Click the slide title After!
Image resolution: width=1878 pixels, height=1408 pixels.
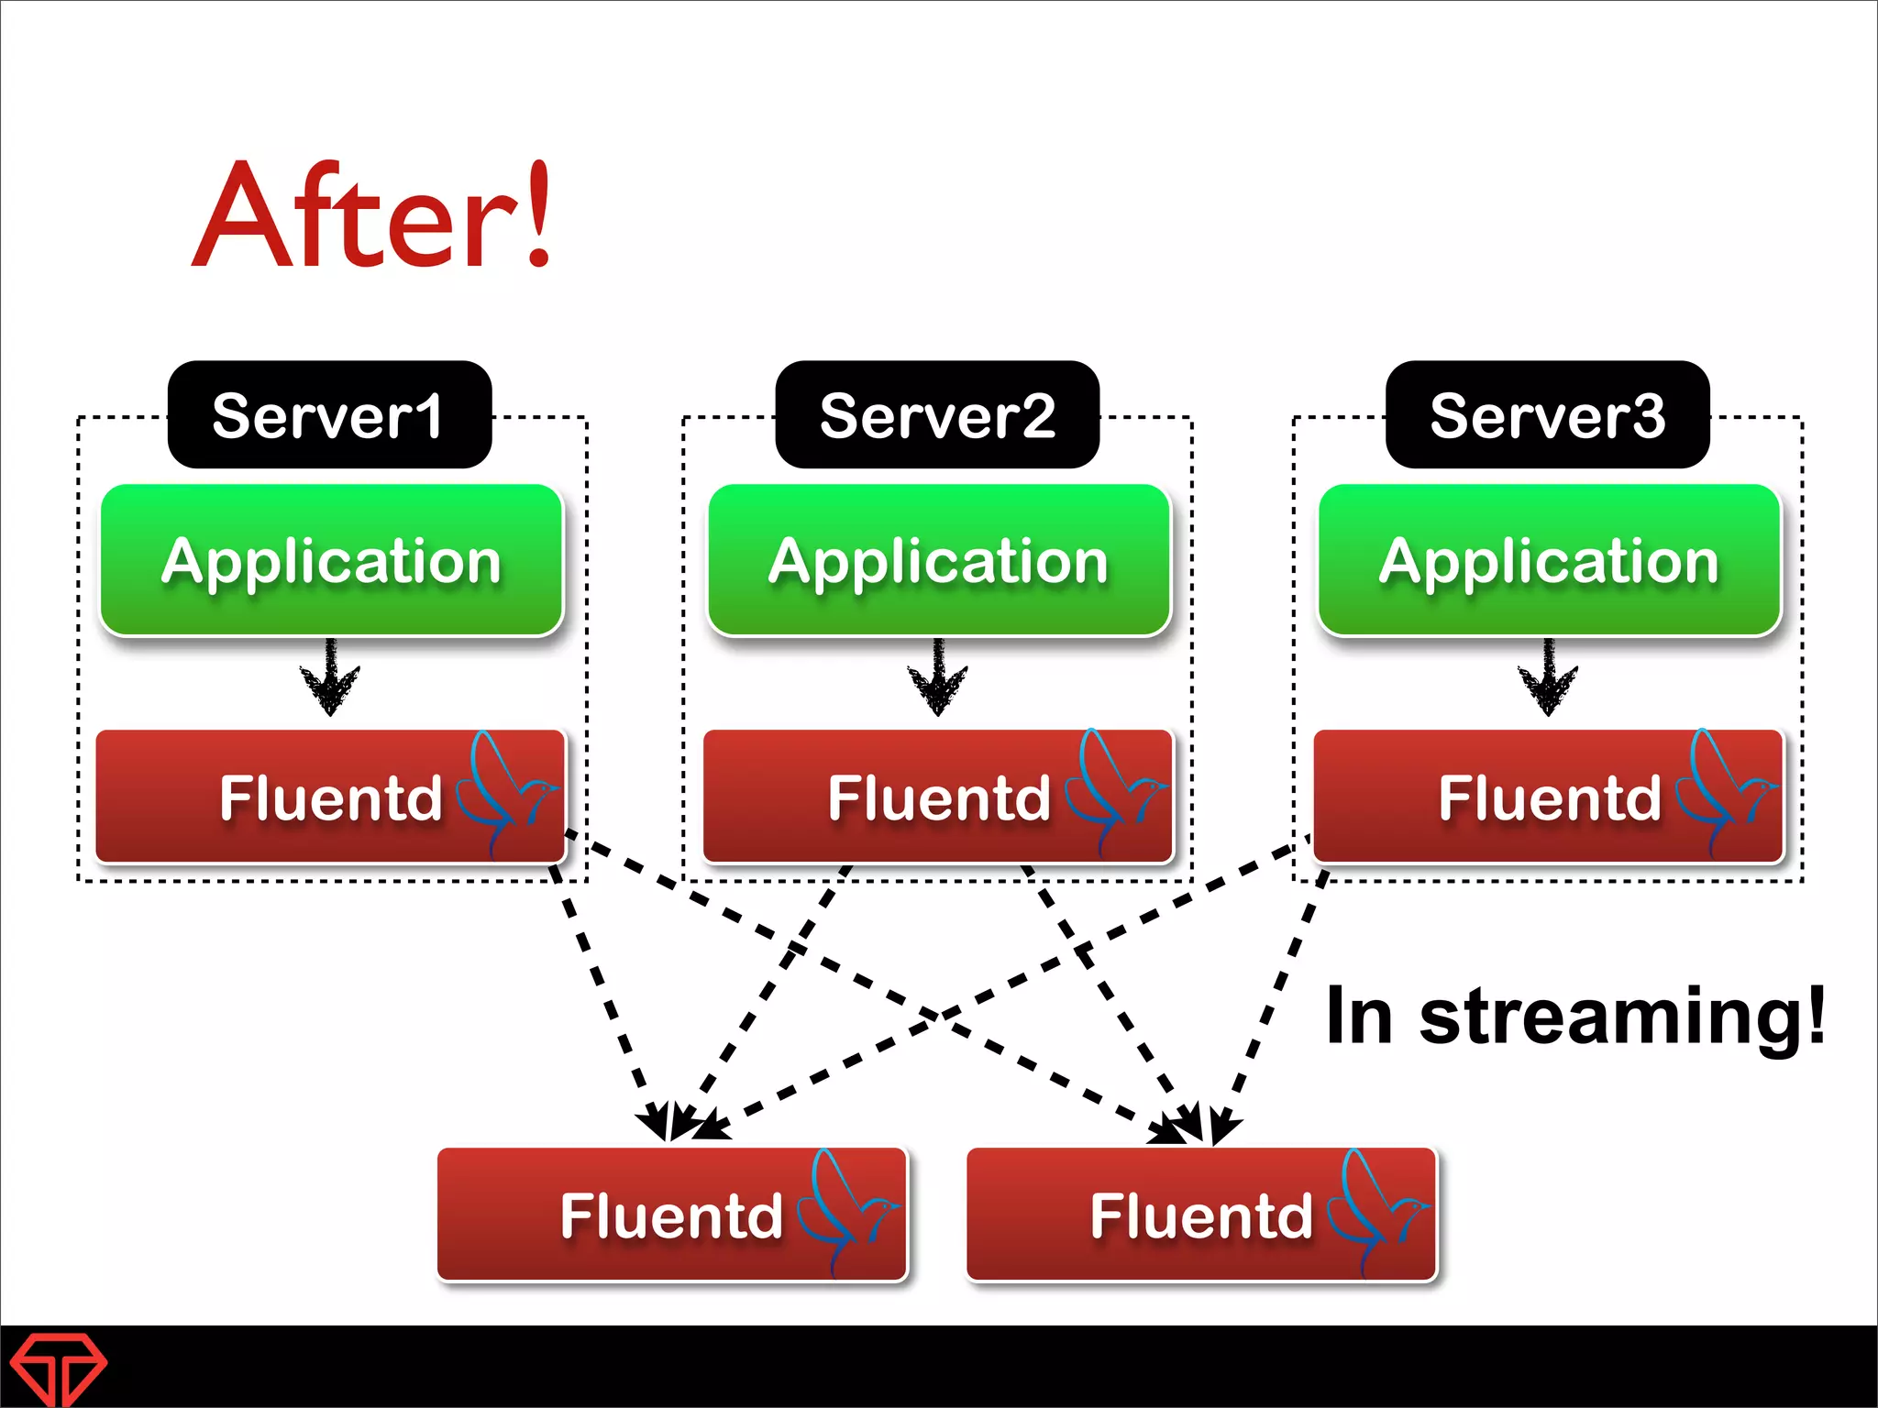click(372, 216)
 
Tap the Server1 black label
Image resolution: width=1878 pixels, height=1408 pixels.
click(329, 415)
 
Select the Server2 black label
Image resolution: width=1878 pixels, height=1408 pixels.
click(937, 415)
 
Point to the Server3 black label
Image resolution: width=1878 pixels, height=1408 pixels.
click(1547, 415)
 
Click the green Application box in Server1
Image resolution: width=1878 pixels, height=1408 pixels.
click(331, 560)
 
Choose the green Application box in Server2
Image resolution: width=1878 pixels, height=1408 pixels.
click(939, 560)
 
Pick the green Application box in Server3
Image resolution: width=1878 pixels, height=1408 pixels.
click(1549, 560)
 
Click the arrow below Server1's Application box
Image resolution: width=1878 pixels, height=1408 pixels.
click(330, 678)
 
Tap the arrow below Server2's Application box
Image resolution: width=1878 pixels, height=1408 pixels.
click(938, 678)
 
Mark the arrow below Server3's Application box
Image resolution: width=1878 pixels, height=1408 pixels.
click(1548, 678)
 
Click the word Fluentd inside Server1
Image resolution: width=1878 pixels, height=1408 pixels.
click(331, 797)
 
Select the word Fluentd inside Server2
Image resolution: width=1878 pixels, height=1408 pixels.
click(939, 797)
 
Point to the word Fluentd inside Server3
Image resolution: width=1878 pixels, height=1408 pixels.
click(1550, 797)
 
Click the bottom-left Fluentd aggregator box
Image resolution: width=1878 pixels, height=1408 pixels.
click(671, 1215)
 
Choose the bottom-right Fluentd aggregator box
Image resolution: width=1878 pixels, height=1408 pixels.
click(1201, 1215)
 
